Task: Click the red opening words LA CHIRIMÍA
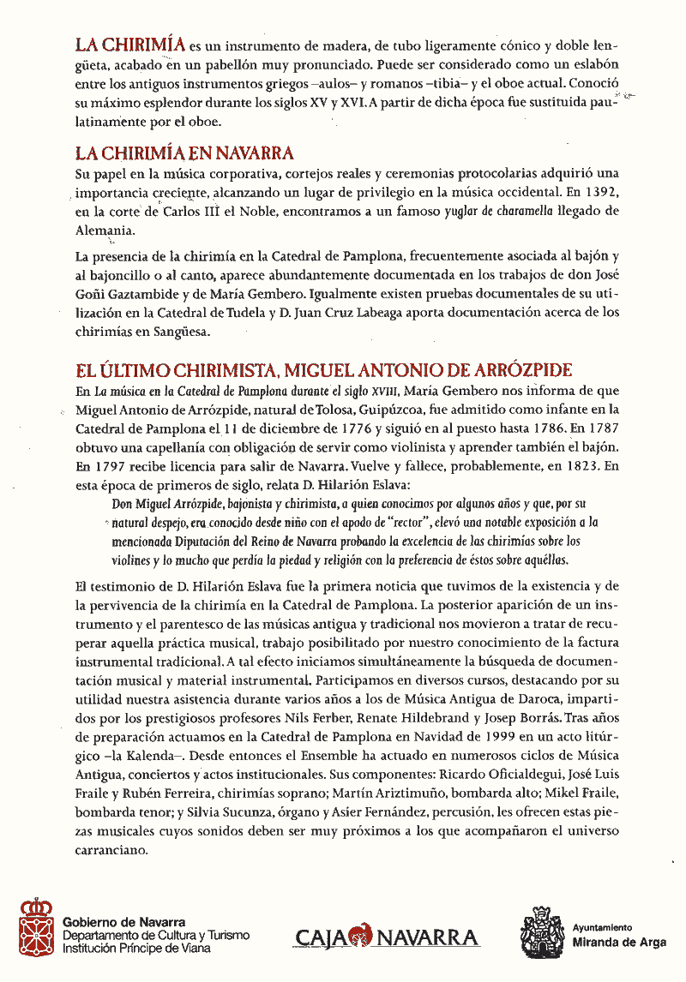pyautogui.click(x=130, y=45)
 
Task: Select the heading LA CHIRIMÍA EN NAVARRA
pyautogui.click(x=184, y=153)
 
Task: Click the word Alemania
pyautogui.click(x=104, y=231)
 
